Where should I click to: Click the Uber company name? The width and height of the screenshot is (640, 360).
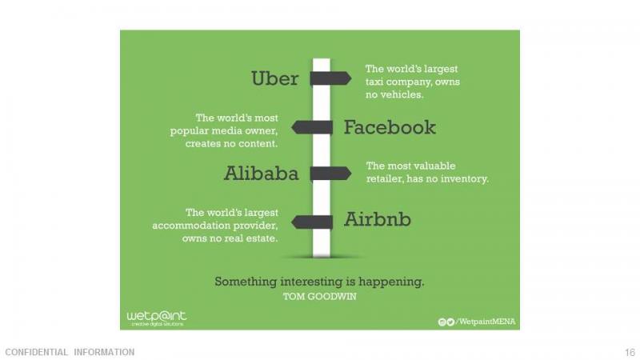click(274, 78)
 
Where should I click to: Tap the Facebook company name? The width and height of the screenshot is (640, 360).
click(390, 127)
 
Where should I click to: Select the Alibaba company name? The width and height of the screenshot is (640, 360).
click(262, 174)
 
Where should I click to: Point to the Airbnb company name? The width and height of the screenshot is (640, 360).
click(378, 219)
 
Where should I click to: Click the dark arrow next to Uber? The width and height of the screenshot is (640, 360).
click(330, 78)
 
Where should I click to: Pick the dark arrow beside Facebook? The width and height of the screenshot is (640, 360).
click(312, 127)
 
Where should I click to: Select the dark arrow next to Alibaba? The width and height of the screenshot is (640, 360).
click(330, 174)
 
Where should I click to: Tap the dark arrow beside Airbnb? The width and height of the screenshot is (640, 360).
click(312, 222)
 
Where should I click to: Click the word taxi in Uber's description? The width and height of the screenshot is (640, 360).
click(374, 82)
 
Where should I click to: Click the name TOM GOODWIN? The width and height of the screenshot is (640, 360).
click(319, 296)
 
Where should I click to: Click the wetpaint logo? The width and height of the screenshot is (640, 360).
click(156, 318)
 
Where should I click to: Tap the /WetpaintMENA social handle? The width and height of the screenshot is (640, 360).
click(486, 322)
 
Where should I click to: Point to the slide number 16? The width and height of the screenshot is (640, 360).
click(630, 352)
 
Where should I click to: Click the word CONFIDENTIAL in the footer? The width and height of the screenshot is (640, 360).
click(36, 352)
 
